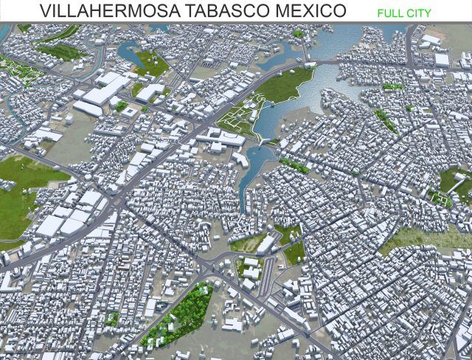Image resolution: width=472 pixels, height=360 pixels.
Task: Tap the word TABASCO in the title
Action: click(x=221, y=11)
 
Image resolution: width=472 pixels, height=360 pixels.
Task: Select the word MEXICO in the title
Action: click(x=310, y=11)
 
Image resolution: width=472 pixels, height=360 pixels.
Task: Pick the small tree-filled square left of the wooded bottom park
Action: click(x=112, y=319)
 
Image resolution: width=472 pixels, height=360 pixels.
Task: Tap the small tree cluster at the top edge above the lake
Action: click(x=298, y=33)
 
